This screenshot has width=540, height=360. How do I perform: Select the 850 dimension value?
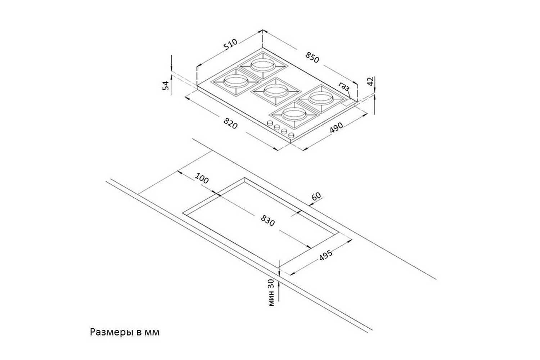pyautogui.click(x=312, y=57)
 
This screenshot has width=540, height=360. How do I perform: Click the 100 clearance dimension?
pyautogui.click(x=202, y=179)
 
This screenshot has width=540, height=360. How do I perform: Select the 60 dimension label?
pyautogui.click(x=316, y=197)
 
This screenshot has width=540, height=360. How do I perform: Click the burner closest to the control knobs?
pyautogui.click(x=294, y=114)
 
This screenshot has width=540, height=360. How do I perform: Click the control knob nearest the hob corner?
pyautogui.click(x=291, y=135)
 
